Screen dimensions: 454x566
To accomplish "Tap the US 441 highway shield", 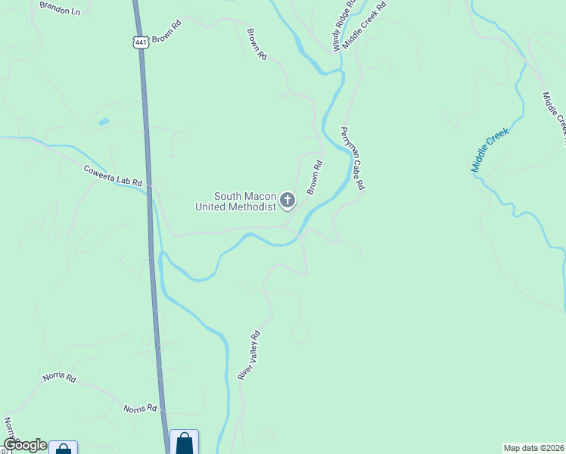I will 141,42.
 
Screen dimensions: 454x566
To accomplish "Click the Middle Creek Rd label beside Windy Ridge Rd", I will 364,25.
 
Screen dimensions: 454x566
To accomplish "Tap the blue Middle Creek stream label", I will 491,150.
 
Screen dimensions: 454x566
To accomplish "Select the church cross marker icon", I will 288,201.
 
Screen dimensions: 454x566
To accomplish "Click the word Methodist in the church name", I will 252,207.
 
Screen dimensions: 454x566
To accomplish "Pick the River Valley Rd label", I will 249,355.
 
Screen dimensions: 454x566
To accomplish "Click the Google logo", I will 24,445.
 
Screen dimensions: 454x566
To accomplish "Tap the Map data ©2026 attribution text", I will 533,448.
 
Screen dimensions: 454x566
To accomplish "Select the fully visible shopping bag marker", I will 185,442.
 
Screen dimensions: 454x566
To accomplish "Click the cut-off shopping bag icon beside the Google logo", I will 64,448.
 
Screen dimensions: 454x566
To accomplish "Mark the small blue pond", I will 104,121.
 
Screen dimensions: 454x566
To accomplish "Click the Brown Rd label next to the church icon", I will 315,176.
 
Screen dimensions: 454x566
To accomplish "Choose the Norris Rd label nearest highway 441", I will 140,408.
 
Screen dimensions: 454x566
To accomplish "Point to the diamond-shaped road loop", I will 300,332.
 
